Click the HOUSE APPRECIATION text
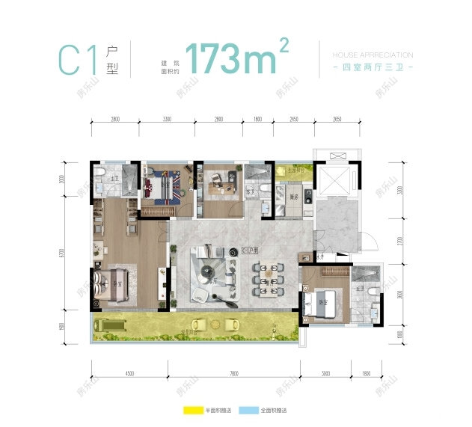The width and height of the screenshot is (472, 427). point(371,55)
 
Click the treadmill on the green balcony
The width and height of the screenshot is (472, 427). point(110,325)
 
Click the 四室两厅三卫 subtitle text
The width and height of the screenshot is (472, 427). point(371,68)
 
